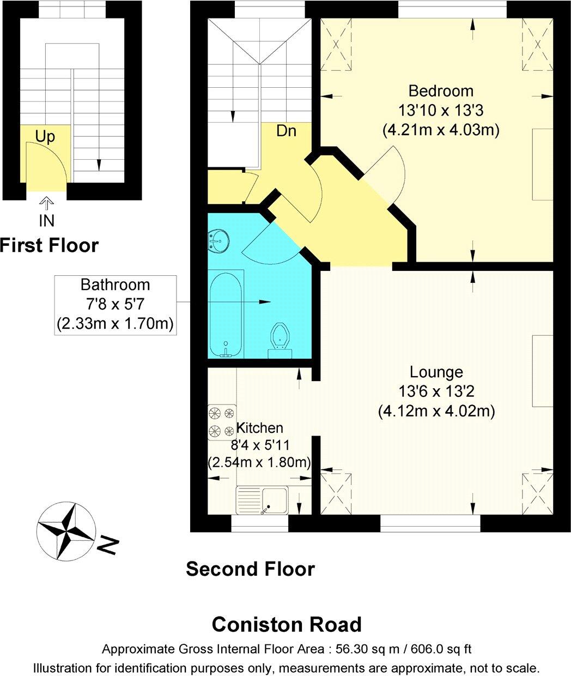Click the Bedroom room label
pos(441,90)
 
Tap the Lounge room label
pos(436,372)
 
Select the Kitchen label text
pos(259,428)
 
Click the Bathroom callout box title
pos(115,285)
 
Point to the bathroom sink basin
pos(219,240)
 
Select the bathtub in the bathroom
pos(226,314)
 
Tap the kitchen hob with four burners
pos(222,422)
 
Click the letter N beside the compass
pos(108,545)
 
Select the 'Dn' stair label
pos(286,131)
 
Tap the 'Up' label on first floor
pos(45,136)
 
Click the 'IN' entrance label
pos(46,220)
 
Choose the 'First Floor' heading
pos(49,245)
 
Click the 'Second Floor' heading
pos(250,569)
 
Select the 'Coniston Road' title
pos(286,624)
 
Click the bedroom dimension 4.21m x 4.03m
pos(441,130)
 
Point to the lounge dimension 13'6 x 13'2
pos(436,391)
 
